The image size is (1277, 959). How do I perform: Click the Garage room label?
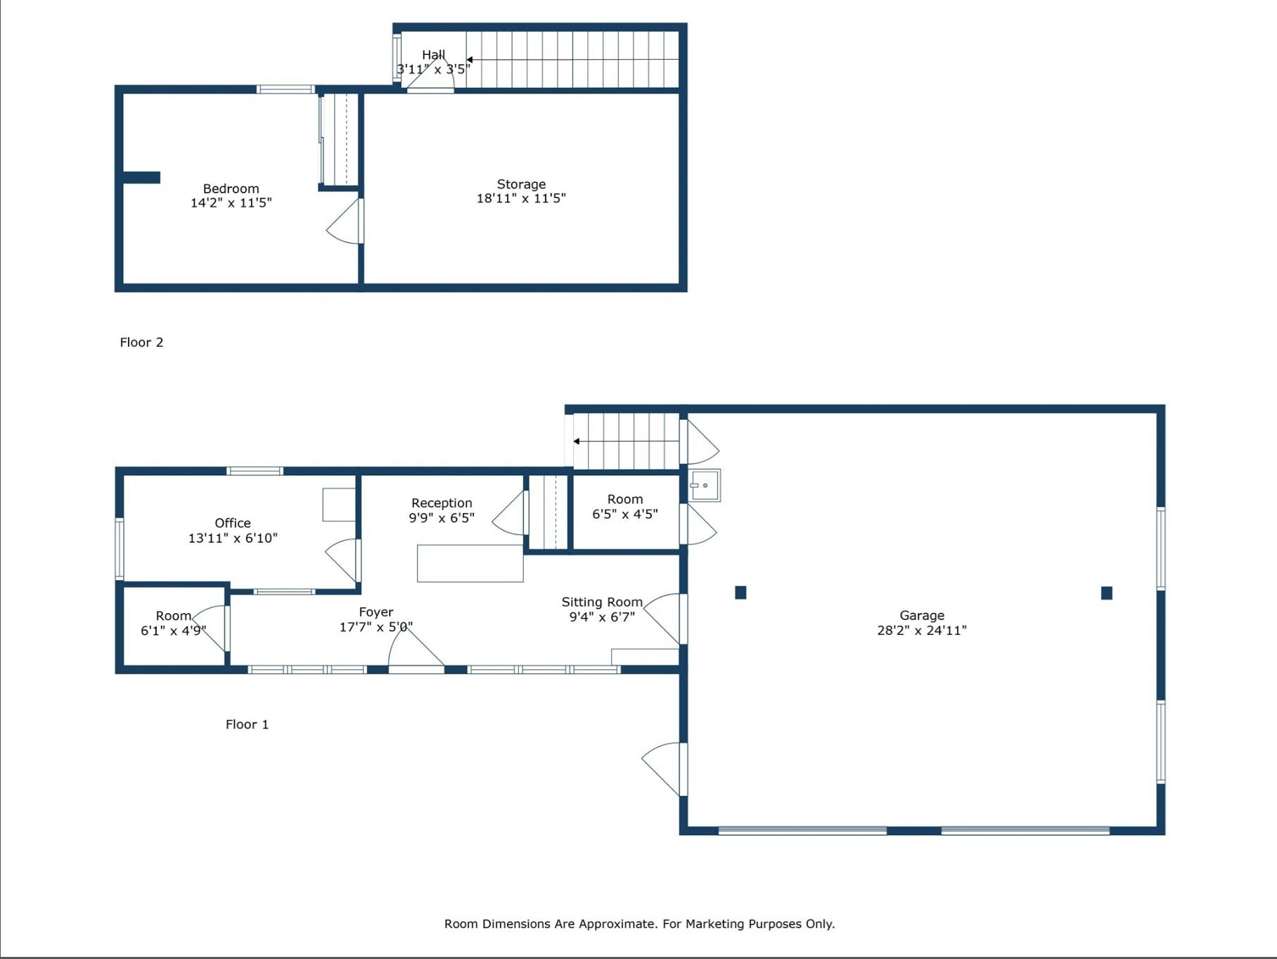point(922,615)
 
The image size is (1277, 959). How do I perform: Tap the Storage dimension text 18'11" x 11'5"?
point(521,198)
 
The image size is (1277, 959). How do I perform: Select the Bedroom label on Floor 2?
point(231,188)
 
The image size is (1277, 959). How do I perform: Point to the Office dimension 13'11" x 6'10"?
point(233,538)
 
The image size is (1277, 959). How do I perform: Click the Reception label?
point(442,503)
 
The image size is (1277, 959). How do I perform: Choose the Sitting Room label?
point(602,602)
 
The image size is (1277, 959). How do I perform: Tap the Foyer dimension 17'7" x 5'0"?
point(376,626)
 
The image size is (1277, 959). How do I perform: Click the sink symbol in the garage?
point(705,485)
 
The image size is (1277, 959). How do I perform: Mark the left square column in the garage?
point(740,593)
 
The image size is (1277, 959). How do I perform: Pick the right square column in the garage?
point(1107,593)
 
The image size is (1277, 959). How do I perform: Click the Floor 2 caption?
point(141,342)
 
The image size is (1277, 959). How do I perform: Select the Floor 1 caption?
point(247,724)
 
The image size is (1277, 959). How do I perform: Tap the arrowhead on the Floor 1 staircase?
point(577,442)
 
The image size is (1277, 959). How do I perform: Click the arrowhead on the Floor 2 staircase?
point(470,60)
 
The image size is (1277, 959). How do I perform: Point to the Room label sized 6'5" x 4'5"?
point(625,499)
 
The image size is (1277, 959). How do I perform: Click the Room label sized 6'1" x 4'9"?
point(174,616)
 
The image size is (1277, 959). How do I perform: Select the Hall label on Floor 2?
point(433,55)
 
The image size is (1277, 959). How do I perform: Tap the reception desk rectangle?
point(470,563)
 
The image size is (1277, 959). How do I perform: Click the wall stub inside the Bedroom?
point(141,178)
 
